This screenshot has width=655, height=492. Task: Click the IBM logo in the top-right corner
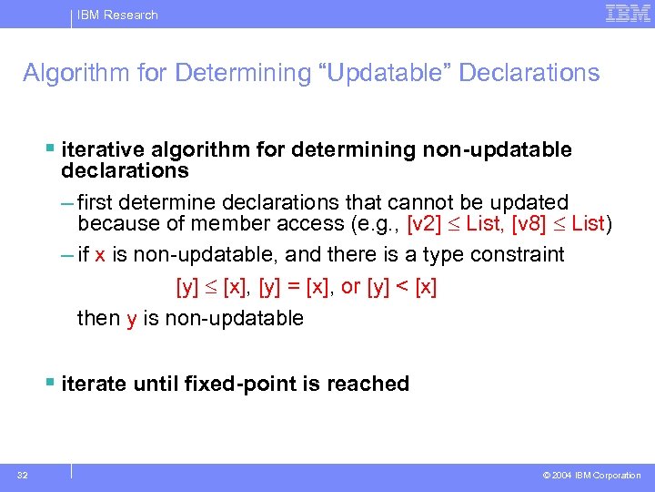click(627, 14)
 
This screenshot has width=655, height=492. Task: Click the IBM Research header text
click(116, 15)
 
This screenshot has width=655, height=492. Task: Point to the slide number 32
click(21, 475)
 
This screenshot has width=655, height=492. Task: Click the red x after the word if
click(100, 255)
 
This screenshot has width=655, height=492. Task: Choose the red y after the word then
click(131, 318)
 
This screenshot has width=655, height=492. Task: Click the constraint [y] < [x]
click(402, 287)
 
